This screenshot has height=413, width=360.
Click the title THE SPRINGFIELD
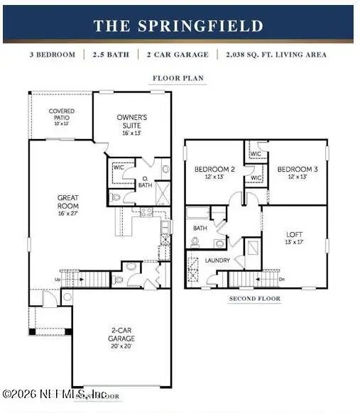178,26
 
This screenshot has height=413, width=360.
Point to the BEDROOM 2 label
210,169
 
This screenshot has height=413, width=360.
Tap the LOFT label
295,234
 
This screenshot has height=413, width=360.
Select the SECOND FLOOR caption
255,299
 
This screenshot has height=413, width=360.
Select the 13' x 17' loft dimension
295,242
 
